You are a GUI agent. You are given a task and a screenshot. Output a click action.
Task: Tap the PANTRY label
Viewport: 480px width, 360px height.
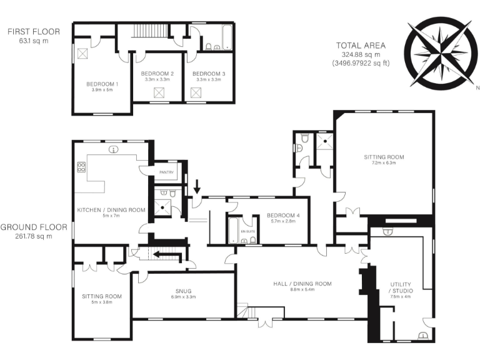coord(166,172)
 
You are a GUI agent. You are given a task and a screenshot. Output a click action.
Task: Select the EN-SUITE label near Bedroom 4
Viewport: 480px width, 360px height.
coord(248,219)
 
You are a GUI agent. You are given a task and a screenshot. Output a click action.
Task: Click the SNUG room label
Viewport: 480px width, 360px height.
coord(184,290)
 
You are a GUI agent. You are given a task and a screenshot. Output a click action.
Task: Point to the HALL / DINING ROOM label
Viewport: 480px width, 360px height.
coord(302,284)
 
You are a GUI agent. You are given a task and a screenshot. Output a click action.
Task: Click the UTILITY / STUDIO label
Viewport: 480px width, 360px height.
coord(401,287)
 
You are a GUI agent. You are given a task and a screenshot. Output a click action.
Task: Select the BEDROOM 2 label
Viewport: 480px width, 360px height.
coord(157,73)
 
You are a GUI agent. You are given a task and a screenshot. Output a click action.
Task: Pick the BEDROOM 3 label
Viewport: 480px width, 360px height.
coord(208,73)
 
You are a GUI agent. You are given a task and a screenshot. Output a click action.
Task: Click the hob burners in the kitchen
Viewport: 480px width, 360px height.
coord(81,167)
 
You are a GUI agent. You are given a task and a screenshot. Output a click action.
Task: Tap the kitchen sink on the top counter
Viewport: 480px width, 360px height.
coord(113,149)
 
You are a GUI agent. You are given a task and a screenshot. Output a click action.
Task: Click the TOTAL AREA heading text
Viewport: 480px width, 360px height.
coord(361,46)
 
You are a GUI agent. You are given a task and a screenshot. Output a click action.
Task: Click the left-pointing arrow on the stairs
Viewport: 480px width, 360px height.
coord(166,254)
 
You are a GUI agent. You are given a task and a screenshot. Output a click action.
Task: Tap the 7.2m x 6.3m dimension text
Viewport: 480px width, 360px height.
coord(384,163)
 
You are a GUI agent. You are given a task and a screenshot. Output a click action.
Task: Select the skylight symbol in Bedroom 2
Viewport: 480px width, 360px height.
coord(157,93)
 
